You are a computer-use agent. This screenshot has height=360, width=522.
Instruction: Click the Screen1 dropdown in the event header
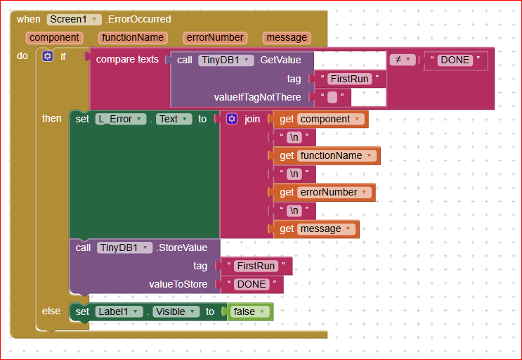point(74,19)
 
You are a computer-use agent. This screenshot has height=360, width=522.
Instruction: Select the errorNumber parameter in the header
point(215,38)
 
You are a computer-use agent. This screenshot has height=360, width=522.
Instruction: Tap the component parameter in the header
point(54,38)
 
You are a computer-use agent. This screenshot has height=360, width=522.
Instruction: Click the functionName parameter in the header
point(133,38)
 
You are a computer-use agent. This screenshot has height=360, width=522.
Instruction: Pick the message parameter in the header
point(287,38)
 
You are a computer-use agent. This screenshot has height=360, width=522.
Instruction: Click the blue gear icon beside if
point(48,56)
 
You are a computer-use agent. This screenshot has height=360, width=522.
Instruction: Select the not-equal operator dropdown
point(403,60)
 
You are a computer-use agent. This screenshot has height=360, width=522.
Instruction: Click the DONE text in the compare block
point(455,60)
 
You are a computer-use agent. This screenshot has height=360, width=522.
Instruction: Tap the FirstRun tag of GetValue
point(349,79)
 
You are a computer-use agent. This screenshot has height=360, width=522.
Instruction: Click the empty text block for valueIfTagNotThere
point(332,97)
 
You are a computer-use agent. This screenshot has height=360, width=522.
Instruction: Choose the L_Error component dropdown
point(121,119)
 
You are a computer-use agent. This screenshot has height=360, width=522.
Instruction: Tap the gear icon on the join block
point(232,119)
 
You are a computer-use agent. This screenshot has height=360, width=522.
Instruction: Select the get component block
point(320,119)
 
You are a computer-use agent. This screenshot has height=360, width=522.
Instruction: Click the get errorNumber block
point(325,192)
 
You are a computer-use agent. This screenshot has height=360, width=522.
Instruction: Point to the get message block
point(316,229)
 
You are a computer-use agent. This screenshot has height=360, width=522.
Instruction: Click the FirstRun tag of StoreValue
point(256,266)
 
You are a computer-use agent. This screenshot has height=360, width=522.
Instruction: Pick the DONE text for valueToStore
point(252,284)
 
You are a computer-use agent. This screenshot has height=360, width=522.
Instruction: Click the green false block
point(250,311)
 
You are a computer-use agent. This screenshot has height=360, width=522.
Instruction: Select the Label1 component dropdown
point(119,311)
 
